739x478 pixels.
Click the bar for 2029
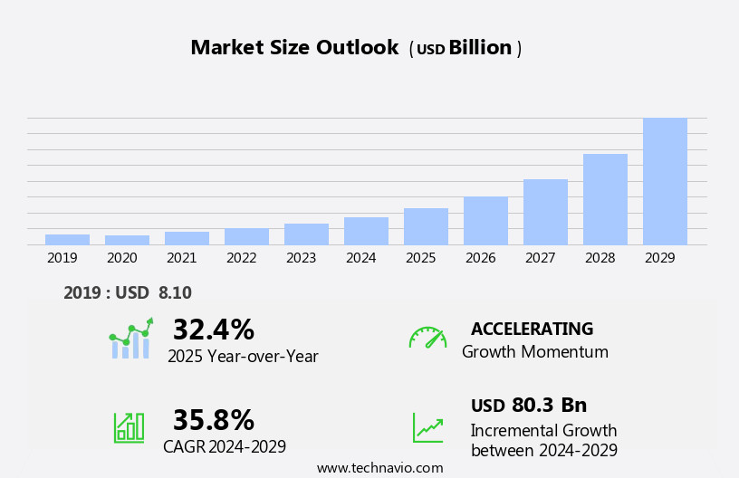click(665, 181)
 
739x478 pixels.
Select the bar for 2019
click(67, 239)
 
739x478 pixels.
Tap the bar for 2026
click(485, 220)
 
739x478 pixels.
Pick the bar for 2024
click(366, 231)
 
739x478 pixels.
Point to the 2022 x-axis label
click(241, 258)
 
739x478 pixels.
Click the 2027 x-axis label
click(540, 258)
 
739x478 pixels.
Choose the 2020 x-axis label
click(121, 258)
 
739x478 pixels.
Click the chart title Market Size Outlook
click(294, 48)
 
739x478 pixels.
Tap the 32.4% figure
click(213, 330)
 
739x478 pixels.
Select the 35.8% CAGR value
click(213, 420)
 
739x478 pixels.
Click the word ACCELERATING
click(532, 329)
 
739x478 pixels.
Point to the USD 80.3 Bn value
click(529, 406)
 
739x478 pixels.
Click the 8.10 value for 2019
click(175, 292)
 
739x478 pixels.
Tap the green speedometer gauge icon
click(427, 338)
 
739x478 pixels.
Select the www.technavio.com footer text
click(379, 468)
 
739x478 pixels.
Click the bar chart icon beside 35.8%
click(129, 427)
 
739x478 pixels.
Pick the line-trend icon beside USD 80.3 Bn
click(427, 427)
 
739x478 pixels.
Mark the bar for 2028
click(605, 199)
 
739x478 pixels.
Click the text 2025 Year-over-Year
click(243, 357)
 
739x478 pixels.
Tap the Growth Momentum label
click(534, 352)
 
